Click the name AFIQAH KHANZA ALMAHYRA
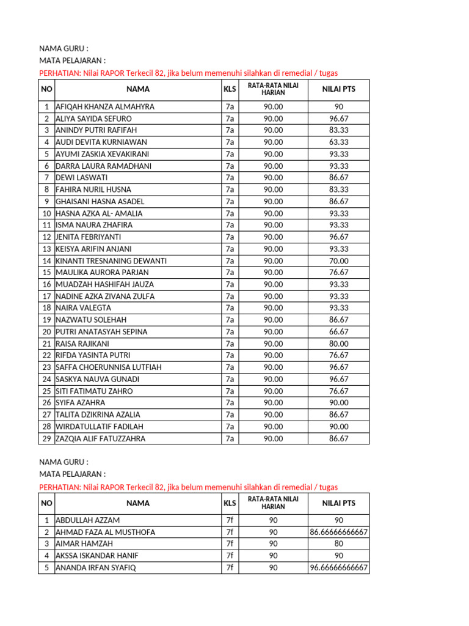(x=104, y=107)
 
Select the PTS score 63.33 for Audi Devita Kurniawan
(x=338, y=142)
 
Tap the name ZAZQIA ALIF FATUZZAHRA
(x=100, y=438)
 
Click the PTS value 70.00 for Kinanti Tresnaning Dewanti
(x=338, y=261)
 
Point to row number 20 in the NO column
(x=46, y=332)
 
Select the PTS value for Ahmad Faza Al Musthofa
(x=338, y=532)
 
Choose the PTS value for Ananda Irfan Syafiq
(x=338, y=568)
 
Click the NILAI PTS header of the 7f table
(x=338, y=504)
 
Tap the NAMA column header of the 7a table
(x=138, y=89)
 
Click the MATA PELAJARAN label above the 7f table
(x=72, y=474)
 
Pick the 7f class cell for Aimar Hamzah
(x=230, y=544)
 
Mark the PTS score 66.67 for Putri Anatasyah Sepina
(x=338, y=332)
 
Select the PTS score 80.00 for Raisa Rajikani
(x=338, y=344)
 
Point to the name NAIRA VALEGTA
(x=83, y=308)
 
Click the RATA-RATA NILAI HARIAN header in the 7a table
(x=273, y=89)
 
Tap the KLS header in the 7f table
(x=230, y=504)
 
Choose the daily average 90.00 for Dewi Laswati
(x=273, y=178)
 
